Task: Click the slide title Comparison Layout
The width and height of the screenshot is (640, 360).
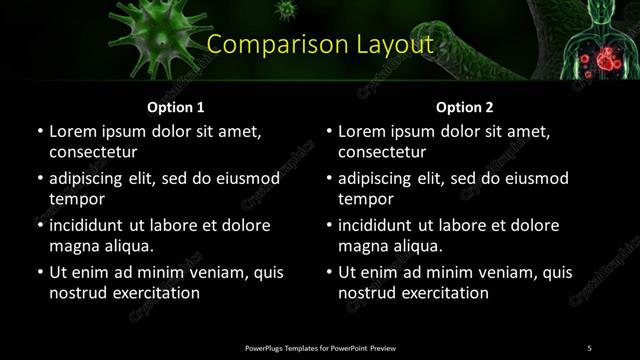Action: coord(320,45)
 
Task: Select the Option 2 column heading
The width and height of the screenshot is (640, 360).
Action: coord(465,106)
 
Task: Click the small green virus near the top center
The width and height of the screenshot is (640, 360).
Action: coord(288,10)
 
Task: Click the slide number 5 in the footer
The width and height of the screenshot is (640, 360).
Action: coord(589,347)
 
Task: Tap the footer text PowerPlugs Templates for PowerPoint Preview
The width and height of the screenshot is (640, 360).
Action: coord(320,347)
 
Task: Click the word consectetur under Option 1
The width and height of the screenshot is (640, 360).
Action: coord(93,152)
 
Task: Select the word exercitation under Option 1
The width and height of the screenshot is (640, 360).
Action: coord(156,293)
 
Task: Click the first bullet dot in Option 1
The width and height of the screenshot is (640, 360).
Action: coord(39,132)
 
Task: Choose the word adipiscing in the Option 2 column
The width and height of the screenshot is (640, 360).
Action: coord(381,178)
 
